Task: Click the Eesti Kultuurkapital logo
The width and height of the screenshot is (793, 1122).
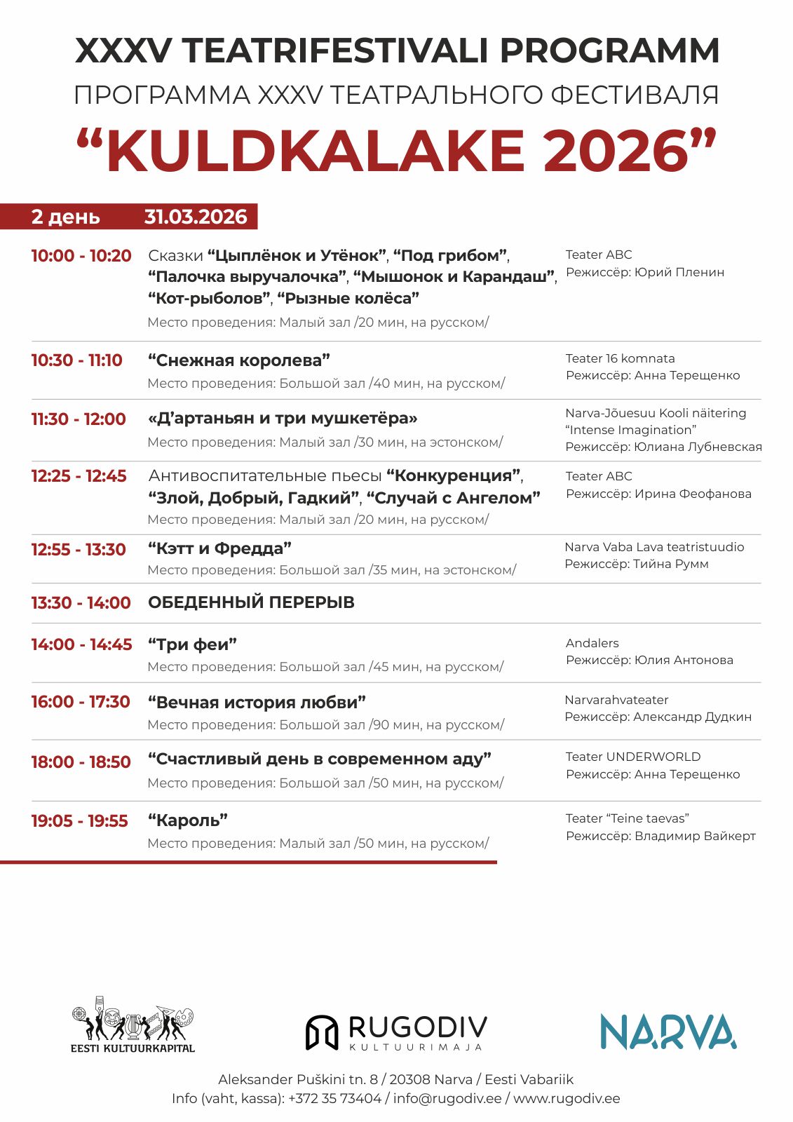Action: click(133, 1024)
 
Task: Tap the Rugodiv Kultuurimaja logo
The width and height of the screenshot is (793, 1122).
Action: click(396, 1032)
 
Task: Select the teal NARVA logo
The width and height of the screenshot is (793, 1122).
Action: click(667, 1032)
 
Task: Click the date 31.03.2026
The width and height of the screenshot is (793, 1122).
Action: click(196, 217)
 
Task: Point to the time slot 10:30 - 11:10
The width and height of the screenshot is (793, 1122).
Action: click(76, 360)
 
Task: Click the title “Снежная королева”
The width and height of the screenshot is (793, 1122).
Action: click(239, 360)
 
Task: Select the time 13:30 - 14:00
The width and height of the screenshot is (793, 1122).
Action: click(81, 603)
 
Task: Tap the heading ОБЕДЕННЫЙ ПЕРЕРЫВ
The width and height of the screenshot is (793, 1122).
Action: click(251, 602)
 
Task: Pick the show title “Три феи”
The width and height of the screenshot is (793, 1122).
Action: click(193, 644)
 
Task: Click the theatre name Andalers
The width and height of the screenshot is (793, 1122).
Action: click(592, 643)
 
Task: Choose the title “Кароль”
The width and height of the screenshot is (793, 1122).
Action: click(188, 820)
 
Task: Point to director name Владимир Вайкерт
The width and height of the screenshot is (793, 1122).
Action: click(695, 836)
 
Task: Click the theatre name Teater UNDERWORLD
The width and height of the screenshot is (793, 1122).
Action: click(632, 757)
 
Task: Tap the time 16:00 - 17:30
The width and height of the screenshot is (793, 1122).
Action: click(81, 702)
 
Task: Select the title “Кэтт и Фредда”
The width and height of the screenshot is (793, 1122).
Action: click(219, 548)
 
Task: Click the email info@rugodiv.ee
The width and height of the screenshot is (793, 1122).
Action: click(447, 1099)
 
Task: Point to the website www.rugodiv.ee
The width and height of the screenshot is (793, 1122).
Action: click(567, 1099)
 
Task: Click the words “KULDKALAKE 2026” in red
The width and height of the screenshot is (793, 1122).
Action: click(396, 151)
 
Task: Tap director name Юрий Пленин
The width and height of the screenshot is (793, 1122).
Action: click(679, 272)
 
